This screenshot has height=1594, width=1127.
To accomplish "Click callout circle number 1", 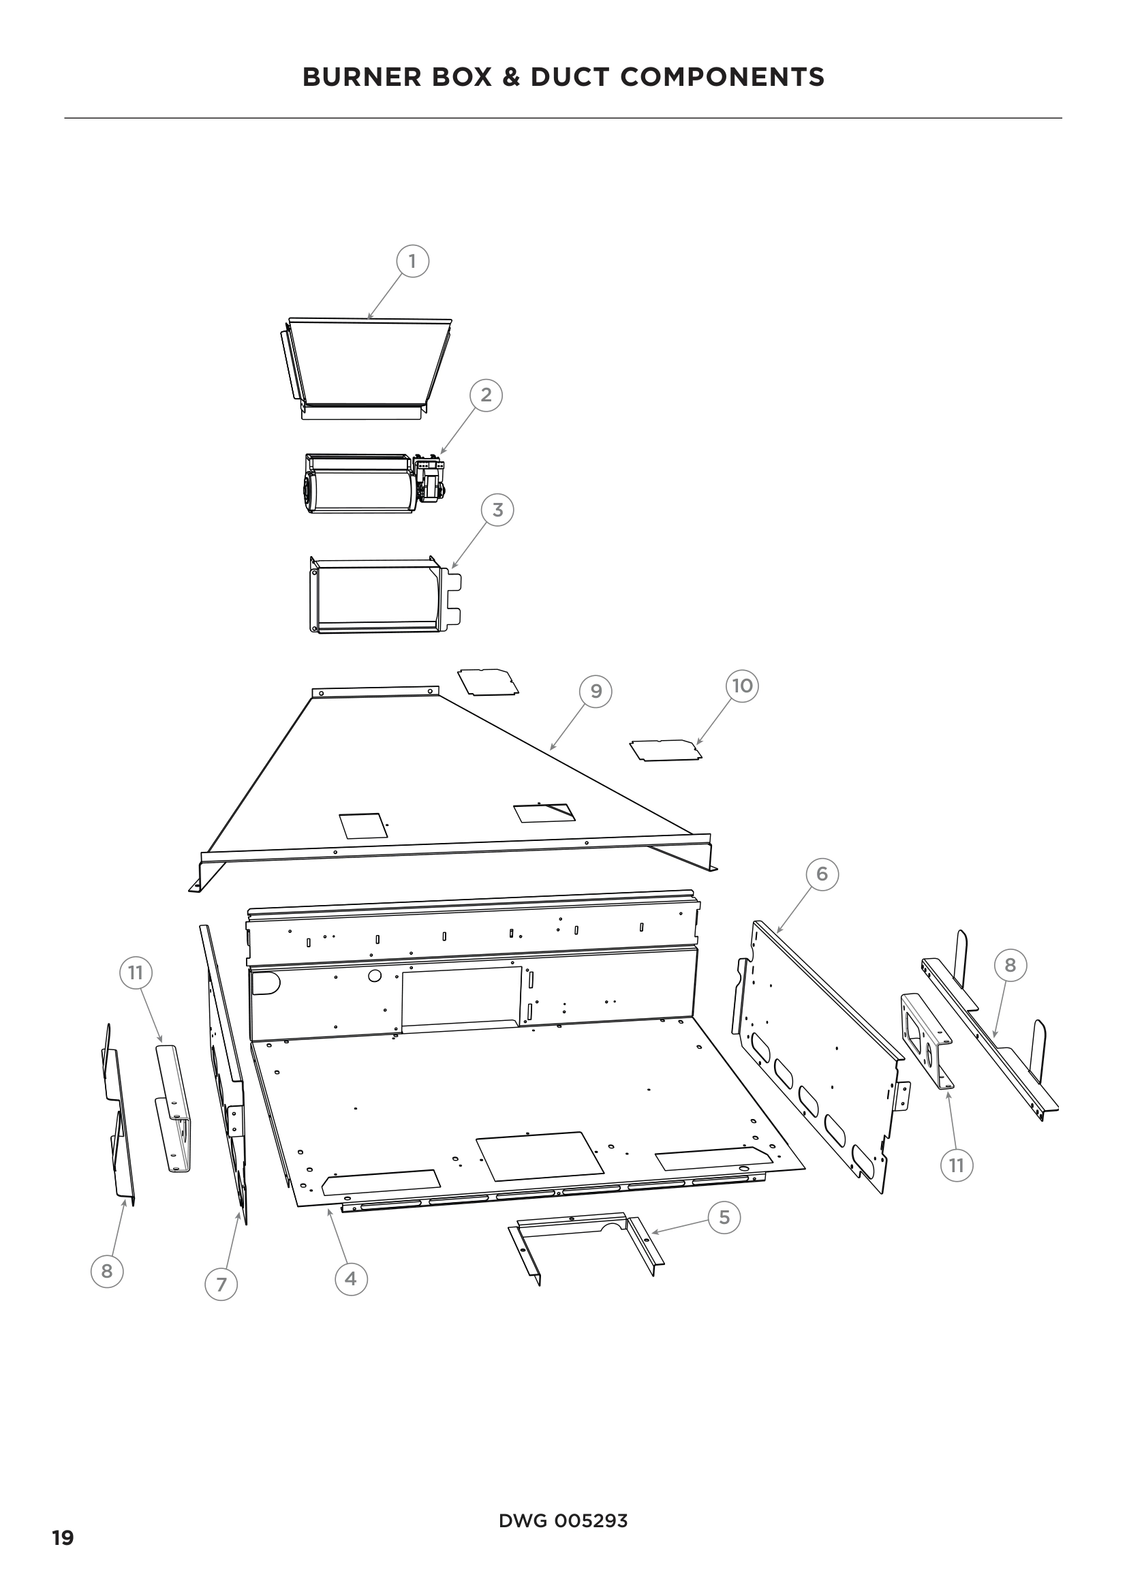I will pyautogui.click(x=412, y=262).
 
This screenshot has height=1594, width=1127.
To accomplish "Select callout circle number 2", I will pyautogui.click(x=486, y=395).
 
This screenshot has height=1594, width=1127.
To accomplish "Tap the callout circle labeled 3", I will pyautogui.click(x=497, y=510).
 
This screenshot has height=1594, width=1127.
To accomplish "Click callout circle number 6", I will pyautogui.click(x=822, y=874).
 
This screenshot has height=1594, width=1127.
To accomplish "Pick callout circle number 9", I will pyautogui.click(x=596, y=691).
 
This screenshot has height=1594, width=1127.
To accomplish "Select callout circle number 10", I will pyautogui.click(x=743, y=686).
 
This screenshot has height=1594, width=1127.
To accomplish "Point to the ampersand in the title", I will pyautogui.click(x=511, y=77).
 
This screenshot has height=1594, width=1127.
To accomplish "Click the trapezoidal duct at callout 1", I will pyautogui.click(x=367, y=365).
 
